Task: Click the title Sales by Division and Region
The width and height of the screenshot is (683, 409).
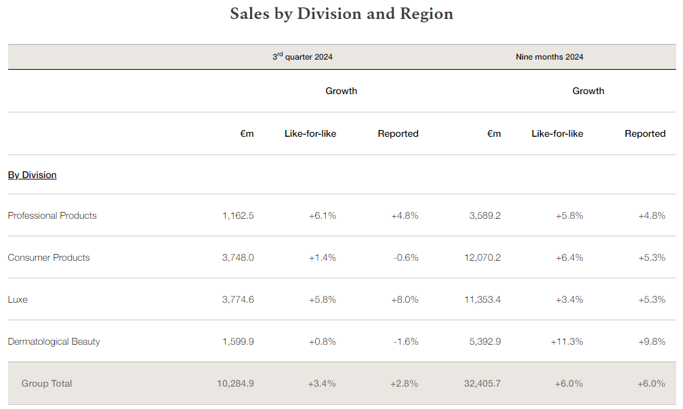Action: [341, 14]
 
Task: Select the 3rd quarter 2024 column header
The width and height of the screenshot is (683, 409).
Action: [302, 57]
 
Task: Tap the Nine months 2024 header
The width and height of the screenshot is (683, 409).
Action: [549, 57]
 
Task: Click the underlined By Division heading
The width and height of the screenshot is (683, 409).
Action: [32, 175]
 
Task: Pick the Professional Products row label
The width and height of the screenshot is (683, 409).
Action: [52, 215]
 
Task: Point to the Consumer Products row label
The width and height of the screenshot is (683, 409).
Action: [49, 257]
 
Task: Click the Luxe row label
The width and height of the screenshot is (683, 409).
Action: [18, 299]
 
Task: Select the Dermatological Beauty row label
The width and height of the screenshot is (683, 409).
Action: [54, 341]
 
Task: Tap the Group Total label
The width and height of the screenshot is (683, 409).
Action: [47, 383]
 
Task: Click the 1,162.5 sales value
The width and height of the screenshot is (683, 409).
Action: [238, 215]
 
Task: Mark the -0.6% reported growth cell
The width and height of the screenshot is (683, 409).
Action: [406, 257]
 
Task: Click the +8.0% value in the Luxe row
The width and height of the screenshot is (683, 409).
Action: [405, 299]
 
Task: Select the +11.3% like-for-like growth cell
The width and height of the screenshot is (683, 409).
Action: [567, 341]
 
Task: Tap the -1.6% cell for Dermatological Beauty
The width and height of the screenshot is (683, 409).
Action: [406, 341]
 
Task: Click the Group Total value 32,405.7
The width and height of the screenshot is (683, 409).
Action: [482, 383]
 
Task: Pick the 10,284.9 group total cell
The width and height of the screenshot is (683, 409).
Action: [235, 383]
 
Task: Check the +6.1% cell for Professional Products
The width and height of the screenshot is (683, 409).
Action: [323, 215]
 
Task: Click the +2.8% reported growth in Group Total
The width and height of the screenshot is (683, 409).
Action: [405, 383]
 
